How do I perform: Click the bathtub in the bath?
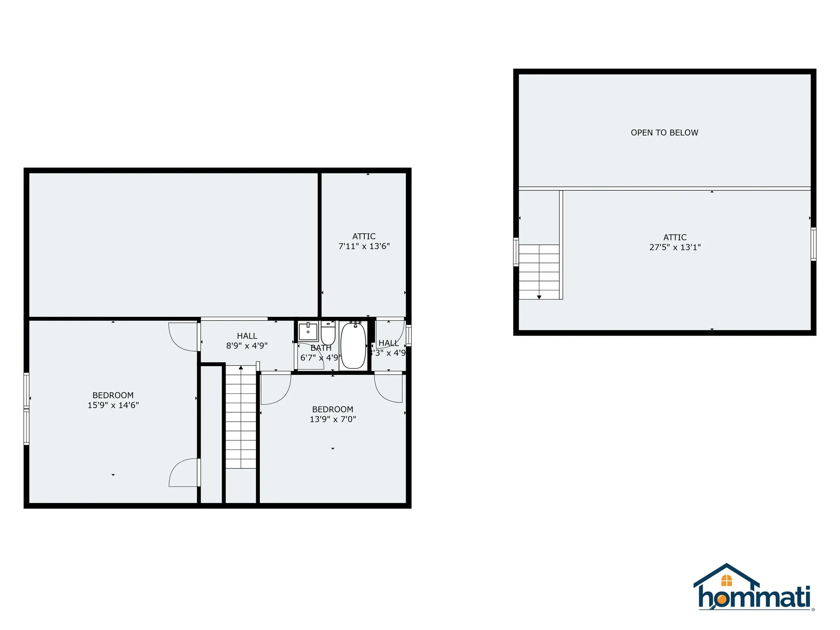point(353,346)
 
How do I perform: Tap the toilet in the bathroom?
point(328,334)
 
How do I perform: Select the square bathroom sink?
point(308,332)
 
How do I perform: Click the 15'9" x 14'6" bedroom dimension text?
point(113,405)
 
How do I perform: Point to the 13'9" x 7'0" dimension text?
point(333,419)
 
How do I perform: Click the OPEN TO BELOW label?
point(664,133)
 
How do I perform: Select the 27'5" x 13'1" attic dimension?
point(675,247)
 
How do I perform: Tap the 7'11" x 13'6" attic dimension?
point(364,246)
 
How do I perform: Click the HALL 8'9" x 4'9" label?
point(247,341)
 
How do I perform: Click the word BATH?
point(321,348)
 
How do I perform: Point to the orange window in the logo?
point(726,580)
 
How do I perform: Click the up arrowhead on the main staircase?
point(241,368)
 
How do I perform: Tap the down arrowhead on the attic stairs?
point(539,297)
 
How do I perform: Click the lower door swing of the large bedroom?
point(184,472)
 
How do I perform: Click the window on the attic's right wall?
point(813,244)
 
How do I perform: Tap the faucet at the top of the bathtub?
point(355,325)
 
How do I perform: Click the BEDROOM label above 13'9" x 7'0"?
point(332,409)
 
